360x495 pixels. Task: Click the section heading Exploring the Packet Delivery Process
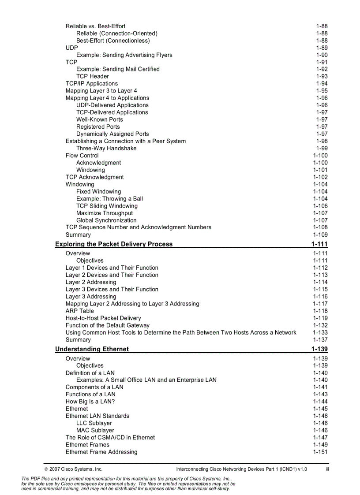tap(114, 244)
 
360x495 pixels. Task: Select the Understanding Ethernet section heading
tap(92, 349)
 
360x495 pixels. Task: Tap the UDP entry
tap(71, 48)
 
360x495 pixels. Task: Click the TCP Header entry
tap(92, 76)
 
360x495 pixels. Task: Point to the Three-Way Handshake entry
tap(106, 148)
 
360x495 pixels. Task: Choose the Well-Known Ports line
tap(99, 119)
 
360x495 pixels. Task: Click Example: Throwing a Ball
tap(109, 199)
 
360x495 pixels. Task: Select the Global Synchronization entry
tap(106, 220)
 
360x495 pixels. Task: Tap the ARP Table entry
tap(79, 311)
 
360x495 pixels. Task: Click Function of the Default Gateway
tap(107, 325)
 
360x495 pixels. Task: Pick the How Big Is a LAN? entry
tap(90, 402)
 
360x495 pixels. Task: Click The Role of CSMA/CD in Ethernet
tap(110, 438)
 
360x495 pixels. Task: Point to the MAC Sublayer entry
tap(95, 430)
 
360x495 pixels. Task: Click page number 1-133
tap(320, 332)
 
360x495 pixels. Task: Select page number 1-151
tap(320, 452)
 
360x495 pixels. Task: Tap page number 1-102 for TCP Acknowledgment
tap(320, 177)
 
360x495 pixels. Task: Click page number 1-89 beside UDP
tap(322, 48)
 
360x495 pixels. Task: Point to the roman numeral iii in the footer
tap(327, 469)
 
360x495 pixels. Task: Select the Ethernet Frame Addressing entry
tap(101, 452)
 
